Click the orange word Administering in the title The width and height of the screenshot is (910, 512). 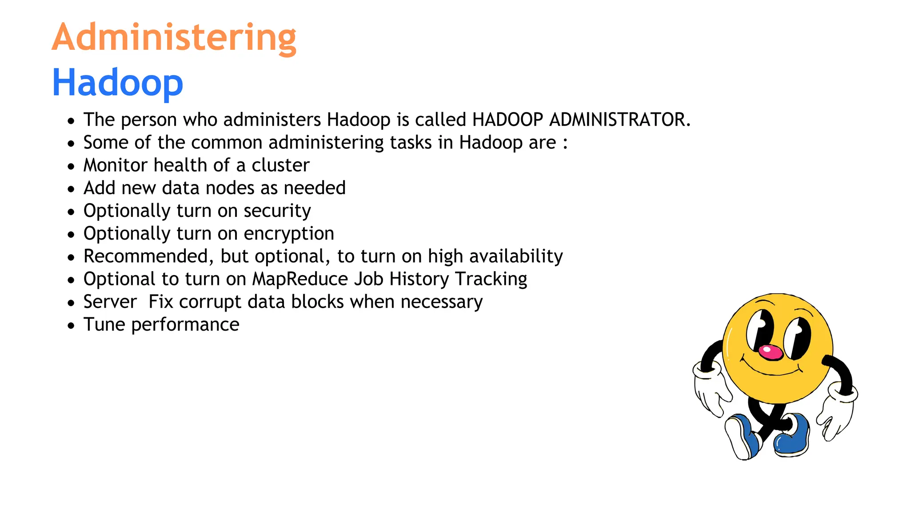pos(174,37)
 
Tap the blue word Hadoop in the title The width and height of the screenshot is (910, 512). pos(117,83)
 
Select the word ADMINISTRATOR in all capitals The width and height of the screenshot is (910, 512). pos(619,120)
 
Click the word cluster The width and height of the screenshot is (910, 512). pos(280,165)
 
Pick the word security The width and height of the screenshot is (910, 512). pos(277,211)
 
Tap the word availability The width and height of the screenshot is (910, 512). pos(516,256)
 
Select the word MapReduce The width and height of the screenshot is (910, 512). pos(300,279)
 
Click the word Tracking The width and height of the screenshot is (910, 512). pos(491,279)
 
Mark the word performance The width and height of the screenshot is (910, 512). pos(185,325)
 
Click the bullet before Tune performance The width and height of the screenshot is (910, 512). pos(71,326)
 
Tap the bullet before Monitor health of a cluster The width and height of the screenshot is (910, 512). pos(71,167)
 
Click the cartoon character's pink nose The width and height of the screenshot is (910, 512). pos(770,352)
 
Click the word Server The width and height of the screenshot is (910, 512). pos(110,302)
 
